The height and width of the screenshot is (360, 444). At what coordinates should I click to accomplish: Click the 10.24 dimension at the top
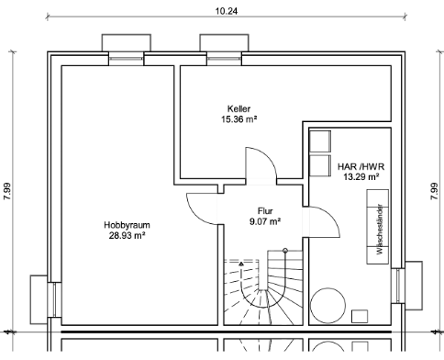[x=227, y=11]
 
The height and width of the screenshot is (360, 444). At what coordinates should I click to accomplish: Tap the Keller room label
[x=239, y=108]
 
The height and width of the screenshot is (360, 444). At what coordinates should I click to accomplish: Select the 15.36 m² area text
[x=239, y=119]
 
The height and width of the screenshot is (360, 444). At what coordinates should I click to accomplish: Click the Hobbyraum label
[x=127, y=225]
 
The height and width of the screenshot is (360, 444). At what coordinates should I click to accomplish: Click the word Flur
[x=265, y=211]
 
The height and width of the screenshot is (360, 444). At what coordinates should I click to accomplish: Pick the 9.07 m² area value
[x=265, y=221]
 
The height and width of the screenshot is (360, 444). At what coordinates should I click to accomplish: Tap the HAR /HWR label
[x=361, y=166]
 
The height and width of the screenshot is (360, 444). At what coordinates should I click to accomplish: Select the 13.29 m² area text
[x=361, y=176]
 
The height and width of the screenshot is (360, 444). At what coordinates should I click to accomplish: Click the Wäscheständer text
[x=380, y=229]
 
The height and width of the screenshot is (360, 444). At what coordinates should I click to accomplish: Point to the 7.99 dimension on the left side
[x=7, y=191]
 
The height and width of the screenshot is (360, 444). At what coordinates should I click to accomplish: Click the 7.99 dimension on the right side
[x=434, y=191]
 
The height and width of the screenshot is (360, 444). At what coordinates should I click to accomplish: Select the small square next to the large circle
[x=360, y=316]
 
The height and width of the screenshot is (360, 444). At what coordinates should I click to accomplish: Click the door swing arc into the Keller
[x=269, y=157]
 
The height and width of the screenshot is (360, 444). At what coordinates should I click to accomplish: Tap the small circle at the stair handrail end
[x=285, y=251]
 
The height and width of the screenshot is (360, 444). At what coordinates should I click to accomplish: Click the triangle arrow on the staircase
[x=241, y=264]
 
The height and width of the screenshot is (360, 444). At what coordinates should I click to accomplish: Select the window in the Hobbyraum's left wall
[x=54, y=299]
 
